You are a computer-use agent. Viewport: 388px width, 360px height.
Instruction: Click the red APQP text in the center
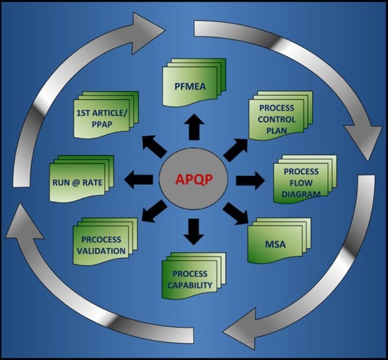[194, 180]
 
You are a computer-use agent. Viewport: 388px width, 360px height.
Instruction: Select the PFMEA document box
[194, 82]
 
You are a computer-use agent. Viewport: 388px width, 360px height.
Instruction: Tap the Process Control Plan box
[281, 116]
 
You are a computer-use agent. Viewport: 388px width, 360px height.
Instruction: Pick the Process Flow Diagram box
[305, 179]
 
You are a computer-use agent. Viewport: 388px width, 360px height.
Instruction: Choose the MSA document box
[279, 240]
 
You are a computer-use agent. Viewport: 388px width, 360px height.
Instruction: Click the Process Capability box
[194, 276]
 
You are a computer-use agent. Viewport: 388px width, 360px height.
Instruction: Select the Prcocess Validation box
[105, 241]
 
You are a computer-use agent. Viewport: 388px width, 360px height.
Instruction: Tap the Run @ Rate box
[81, 179]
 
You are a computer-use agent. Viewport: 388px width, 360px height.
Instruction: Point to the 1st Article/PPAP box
[106, 115]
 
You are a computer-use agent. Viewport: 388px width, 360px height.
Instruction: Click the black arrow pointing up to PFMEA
[194, 127]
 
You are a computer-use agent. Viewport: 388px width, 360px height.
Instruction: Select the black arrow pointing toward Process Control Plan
[235, 150]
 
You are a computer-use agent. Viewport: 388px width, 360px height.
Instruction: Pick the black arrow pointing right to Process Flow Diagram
[250, 180]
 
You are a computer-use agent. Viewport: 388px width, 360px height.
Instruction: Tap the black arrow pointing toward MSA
[235, 213]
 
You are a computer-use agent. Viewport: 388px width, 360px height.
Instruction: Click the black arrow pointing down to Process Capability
[194, 231]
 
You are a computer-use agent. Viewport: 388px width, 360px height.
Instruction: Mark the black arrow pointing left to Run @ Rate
[138, 180]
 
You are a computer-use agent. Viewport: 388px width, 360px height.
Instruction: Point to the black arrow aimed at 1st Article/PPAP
[155, 147]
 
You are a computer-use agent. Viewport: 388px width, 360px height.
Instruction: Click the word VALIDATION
[102, 251]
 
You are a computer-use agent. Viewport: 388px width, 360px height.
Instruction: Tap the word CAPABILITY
[189, 285]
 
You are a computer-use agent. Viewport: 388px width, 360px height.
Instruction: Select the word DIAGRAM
[301, 194]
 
